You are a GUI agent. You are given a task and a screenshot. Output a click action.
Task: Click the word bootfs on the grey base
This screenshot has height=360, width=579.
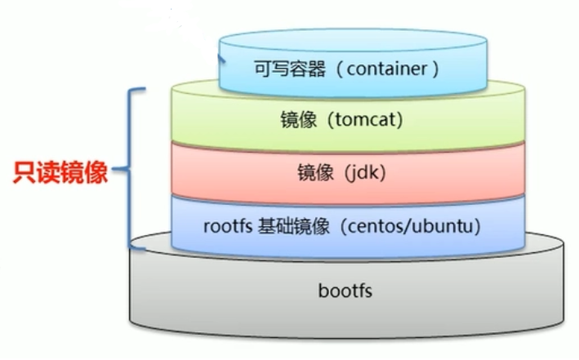click(x=347, y=290)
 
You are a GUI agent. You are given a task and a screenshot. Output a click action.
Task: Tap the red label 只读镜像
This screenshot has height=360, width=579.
click(x=62, y=172)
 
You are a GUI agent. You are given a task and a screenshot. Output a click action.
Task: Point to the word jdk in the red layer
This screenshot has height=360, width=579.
click(x=359, y=173)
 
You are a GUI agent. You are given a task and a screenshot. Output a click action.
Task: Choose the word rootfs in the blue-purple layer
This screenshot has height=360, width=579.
click(x=225, y=225)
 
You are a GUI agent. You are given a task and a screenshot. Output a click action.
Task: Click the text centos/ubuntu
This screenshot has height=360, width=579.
click(x=412, y=225)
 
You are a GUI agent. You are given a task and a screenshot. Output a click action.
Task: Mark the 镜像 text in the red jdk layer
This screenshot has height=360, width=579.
click(x=312, y=173)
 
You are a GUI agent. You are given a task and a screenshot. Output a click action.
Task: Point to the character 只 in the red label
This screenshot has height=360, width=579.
click(x=26, y=172)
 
